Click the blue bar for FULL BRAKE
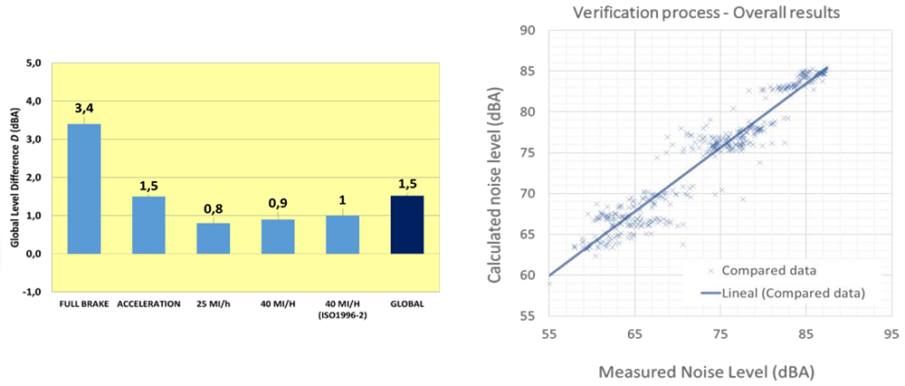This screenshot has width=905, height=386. coord(84,188)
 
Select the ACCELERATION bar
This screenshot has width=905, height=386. coord(148,225)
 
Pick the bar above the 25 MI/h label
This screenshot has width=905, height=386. coord(214,237)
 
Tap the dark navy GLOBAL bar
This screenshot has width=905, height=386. coord(407,225)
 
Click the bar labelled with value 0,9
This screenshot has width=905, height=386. coord(278,236)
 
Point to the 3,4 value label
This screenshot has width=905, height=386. coord(84,109)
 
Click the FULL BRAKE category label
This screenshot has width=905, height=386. coord(84,304)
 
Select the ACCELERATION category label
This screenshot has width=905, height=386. coord(148,304)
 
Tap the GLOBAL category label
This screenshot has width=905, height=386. coord(407,304)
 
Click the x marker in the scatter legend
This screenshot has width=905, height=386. coord(711,271)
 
